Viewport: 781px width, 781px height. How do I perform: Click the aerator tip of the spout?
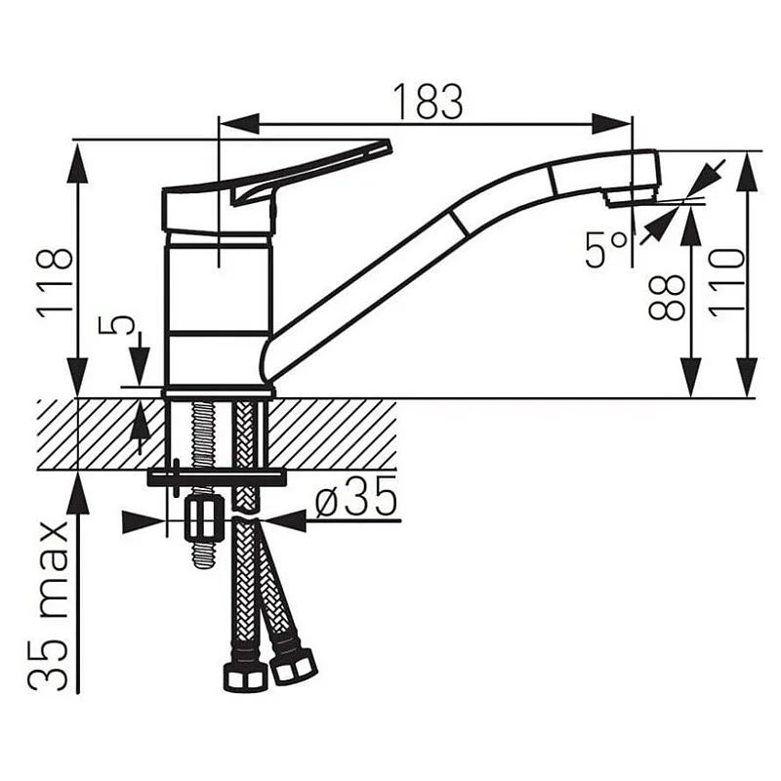tap(631, 196)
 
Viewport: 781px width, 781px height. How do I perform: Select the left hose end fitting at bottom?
tap(244, 676)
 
